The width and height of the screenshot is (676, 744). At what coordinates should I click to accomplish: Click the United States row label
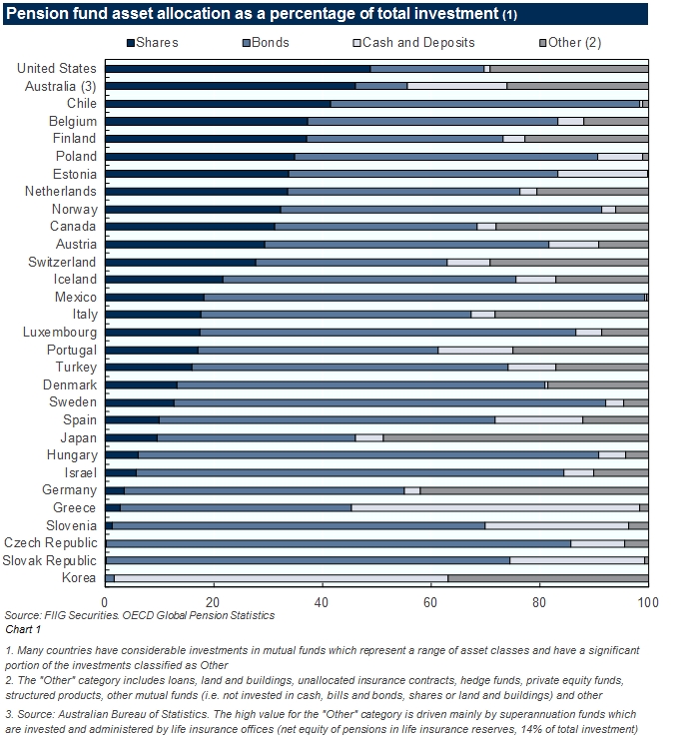pyautogui.click(x=57, y=69)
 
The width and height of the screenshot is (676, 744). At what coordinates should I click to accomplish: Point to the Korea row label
pyautogui.click(x=79, y=577)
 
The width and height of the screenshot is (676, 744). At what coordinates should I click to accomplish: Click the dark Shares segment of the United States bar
pyautogui.click(x=238, y=69)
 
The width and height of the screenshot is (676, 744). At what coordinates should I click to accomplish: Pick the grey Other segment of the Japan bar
pyautogui.click(x=515, y=437)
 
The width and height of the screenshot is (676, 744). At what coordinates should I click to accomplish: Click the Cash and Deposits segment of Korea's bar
pyautogui.click(x=281, y=577)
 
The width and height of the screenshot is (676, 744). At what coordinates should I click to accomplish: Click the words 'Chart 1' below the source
pyautogui.click(x=23, y=629)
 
